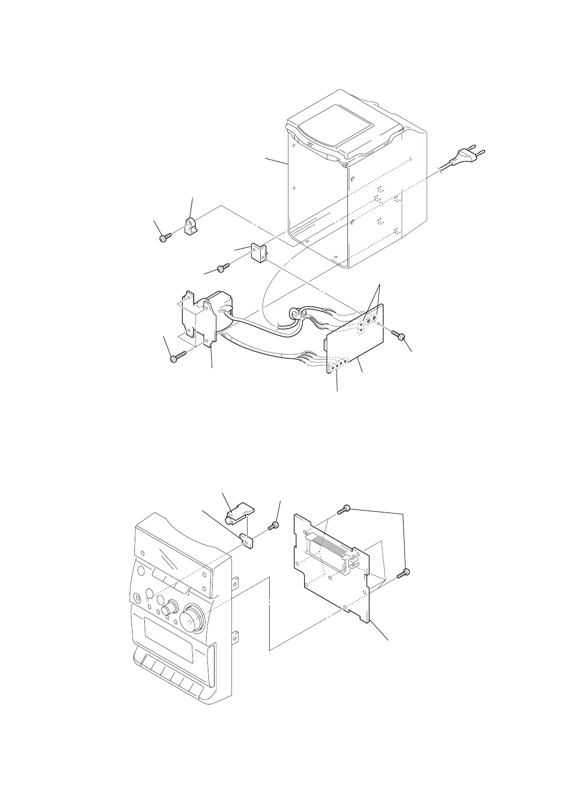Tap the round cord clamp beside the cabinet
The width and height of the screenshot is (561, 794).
click(190, 227)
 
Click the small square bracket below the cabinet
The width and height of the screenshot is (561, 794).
click(257, 253)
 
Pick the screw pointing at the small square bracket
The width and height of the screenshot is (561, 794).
click(222, 268)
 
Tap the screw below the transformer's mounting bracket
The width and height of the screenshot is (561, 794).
click(177, 357)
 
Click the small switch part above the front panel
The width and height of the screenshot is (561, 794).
click(239, 513)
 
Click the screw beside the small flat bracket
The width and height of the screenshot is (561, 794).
click(272, 526)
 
